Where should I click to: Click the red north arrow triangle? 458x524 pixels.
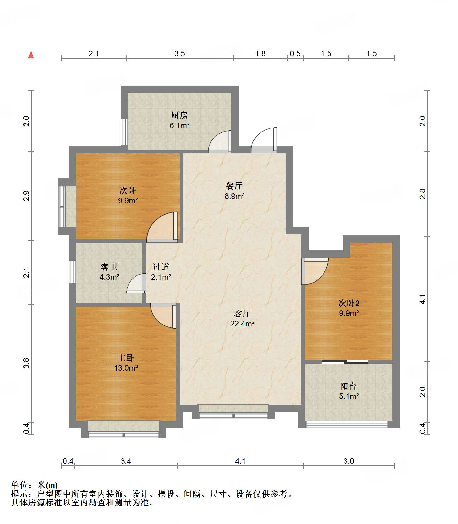[x=31, y=55]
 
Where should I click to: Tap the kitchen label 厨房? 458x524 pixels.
[x=180, y=115]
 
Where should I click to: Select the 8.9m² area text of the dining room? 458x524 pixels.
[x=235, y=196]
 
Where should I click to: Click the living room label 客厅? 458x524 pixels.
[x=242, y=314]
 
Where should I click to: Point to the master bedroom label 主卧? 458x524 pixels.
[x=126, y=358]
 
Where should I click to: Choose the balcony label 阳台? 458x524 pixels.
[x=349, y=386]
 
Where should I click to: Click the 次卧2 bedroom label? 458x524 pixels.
[x=349, y=303]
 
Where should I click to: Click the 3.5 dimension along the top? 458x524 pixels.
[x=180, y=53]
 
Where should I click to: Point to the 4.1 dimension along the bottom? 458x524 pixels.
[x=240, y=461]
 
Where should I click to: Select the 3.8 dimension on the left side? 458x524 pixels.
[x=27, y=363]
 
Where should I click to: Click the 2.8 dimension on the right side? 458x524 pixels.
[x=422, y=194]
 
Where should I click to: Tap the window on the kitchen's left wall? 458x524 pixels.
[x=124, y=132]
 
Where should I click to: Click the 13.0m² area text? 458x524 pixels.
[x=126, y=368]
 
